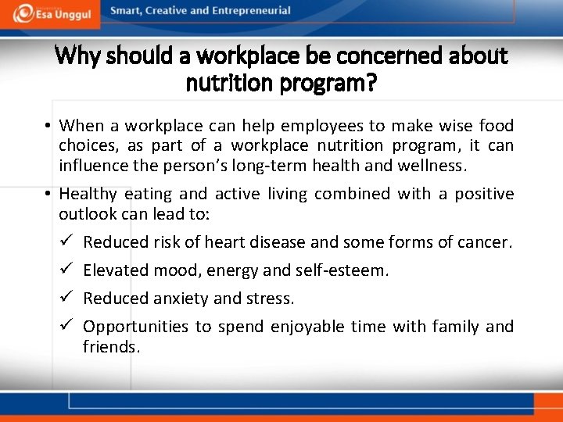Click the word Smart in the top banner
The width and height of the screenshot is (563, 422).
tap(127, 11)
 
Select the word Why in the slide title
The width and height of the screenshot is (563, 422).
tap(77, 56)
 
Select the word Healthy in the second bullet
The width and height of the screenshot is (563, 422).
tap(88, 194)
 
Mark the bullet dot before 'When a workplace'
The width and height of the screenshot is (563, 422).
tap(48, 127)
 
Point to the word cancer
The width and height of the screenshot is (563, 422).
tap(485, 243)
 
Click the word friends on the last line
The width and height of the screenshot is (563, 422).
tap(110, 347)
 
